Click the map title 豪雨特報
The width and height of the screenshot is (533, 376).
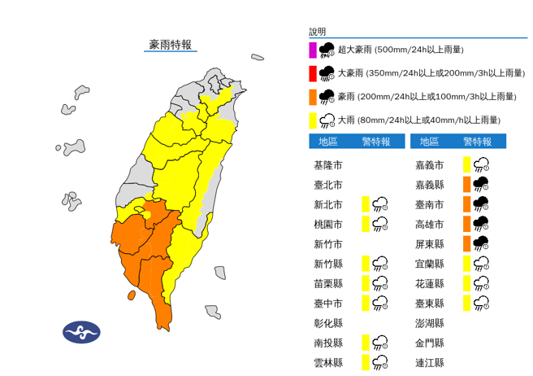click(171, 45)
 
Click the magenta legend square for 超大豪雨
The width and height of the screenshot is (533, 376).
click(312, 50)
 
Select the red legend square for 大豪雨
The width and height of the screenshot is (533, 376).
click(312, 74)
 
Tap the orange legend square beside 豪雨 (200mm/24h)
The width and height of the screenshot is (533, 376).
click(312, 97)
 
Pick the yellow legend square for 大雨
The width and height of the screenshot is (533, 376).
click(312, 120)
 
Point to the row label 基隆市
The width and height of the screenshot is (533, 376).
click(327, 164)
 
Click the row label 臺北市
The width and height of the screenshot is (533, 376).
click(327, 184)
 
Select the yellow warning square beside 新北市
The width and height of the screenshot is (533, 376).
click(366, 203)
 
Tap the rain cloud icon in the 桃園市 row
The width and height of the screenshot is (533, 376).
click(381, 224)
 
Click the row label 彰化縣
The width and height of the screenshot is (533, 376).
click(327, 323)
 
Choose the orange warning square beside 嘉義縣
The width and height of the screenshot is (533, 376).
click(467, 184)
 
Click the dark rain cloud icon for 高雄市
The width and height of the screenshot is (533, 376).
click(481, 224)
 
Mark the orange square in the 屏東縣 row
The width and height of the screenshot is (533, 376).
click(467, 243)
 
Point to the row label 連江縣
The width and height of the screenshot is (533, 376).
click(428, 363)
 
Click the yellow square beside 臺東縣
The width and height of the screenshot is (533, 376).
click(467, 304)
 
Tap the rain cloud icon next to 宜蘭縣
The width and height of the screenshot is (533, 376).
click(481, 264)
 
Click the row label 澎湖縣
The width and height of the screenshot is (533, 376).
click(428, 323)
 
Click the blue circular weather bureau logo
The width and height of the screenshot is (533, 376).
click(81, 332)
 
